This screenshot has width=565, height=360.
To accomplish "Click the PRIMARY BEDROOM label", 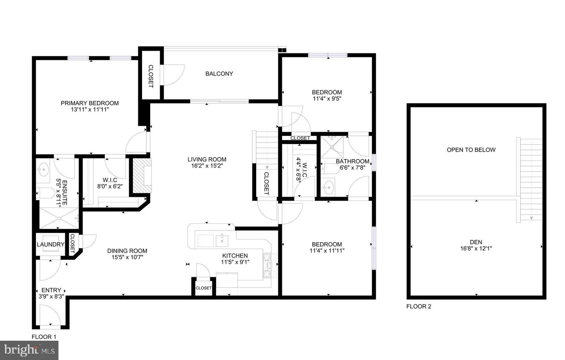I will click(89, 103).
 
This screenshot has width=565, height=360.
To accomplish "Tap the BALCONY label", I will click(219, 74).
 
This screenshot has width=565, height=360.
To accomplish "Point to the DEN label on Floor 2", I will click(476, 242).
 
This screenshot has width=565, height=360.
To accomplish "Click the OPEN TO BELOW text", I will click(471, 150).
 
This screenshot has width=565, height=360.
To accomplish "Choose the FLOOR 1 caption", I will click(44, 337).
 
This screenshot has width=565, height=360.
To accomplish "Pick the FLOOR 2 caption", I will click(419, 307).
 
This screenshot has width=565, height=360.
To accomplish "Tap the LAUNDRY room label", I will click(50, 245).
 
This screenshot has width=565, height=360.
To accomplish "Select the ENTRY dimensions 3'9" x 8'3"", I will click(51, 297).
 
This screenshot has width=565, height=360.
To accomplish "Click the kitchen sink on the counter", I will click(222, 239).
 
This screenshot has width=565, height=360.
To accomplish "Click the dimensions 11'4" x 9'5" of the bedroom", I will click(327, 99).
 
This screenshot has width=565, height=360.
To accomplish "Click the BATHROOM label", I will click(352, 161).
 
